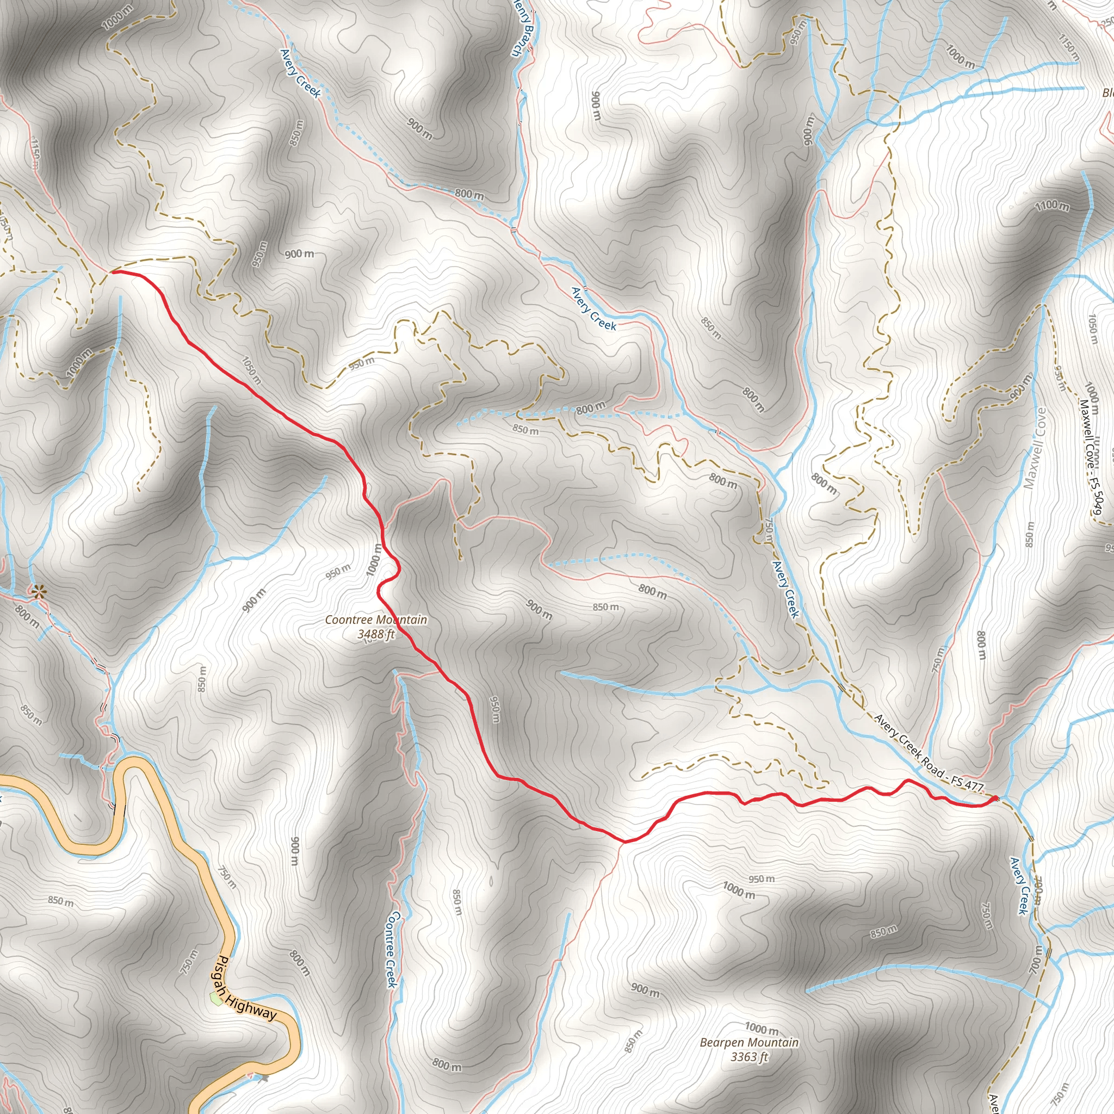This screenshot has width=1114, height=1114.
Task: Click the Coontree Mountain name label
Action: [x=376, y=620]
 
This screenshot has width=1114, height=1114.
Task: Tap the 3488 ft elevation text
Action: [x=376, y=634]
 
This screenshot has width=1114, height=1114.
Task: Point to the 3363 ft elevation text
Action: [x=749, y=1056]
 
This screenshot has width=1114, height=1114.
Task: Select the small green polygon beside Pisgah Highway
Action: [x=216, y=998]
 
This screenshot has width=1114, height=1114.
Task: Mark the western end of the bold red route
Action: [x=113, y=271]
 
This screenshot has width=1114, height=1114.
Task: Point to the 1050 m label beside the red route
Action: [x=251, y=371]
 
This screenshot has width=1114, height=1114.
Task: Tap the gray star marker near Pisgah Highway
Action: [x=265, y=1077]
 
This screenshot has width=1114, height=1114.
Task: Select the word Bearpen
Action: [x=723, y=1043]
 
